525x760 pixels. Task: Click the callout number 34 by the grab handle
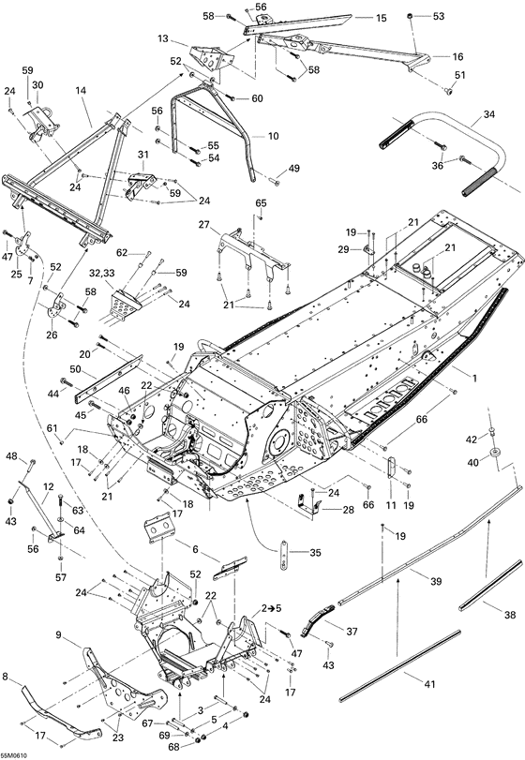coord(488,116)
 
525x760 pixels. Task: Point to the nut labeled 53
coord(412,17)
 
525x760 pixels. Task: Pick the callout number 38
coord(508,616)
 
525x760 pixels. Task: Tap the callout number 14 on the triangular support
coord(81,92)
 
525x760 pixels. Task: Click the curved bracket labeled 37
coord(319,621)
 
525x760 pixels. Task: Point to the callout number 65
coord(261,203)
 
